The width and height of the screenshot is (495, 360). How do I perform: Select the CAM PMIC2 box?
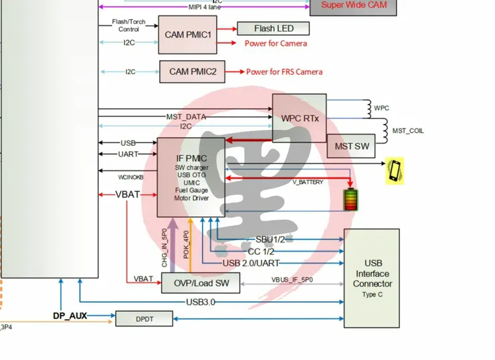click(x=192, y=72)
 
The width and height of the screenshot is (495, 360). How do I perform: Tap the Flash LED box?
click(x=274, y=28)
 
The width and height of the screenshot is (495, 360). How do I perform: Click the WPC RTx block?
click(x=299, y=118)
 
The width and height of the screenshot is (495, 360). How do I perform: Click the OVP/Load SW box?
click(x=201, y=283)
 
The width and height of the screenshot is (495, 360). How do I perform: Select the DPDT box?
click(x=144, y=319)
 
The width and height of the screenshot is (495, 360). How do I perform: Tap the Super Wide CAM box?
click(x=357, y=5)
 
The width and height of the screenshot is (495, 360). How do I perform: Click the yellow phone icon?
click(x=396, y=171)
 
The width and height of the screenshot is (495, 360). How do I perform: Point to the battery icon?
click(x=351, y=199)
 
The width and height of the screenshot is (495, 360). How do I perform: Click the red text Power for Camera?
click(x=276, y=43)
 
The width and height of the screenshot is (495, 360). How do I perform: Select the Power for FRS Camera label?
click(x=284, y=72)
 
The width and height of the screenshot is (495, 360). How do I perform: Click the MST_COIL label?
click(x=408, y=130)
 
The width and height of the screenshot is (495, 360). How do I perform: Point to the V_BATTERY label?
click(x=308, y=182)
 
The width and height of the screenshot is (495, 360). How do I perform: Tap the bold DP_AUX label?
click(x=70, y=315)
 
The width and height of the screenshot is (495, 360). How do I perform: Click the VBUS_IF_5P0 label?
click(x=292, y=279)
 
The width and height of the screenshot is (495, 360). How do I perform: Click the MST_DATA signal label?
click(x=186, y=117)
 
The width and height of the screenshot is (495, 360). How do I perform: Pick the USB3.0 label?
click(x=201, y=302)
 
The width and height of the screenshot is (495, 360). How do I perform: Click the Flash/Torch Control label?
click(x=129, y=25)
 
